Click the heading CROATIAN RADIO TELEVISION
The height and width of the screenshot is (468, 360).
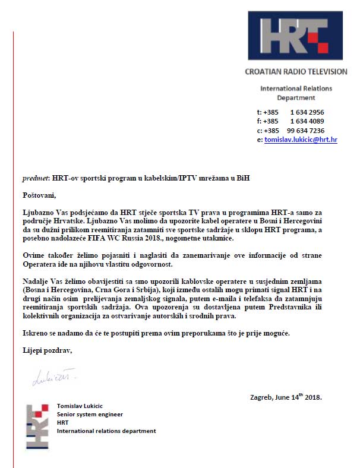(296, 71)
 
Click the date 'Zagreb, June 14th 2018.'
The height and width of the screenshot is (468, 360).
(286, 396)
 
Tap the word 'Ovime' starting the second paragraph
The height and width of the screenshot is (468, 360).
(33, 254)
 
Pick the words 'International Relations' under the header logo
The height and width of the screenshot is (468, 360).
(296, 88)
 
